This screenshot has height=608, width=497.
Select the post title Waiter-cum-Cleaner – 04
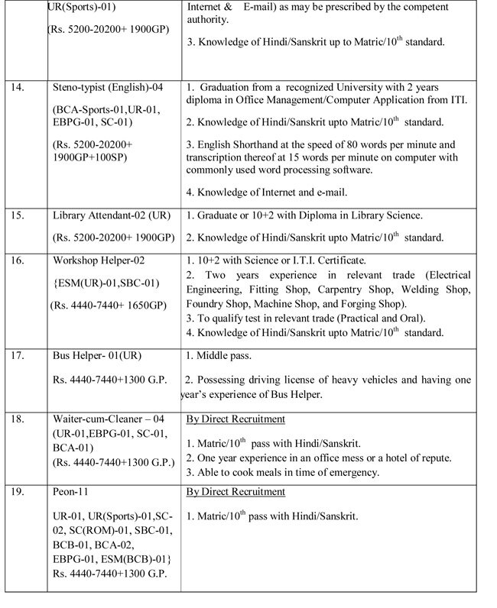[109, 419]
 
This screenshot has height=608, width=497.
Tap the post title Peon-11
[70, 492]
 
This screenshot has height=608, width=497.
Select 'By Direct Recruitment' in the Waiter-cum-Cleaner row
[236, 419]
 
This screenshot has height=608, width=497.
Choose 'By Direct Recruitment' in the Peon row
[236, 492]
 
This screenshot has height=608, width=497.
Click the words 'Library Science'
[389, 215]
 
